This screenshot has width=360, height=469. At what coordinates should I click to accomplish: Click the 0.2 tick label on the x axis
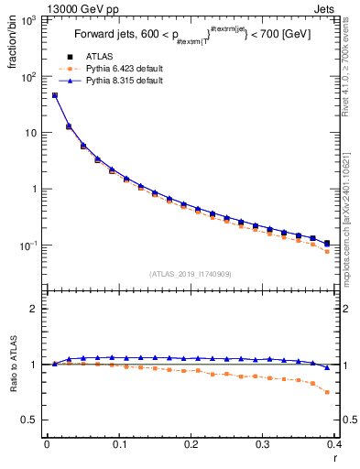click(x=191, y=444)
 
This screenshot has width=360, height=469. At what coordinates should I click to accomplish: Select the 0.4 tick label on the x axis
click(x=335, y=444)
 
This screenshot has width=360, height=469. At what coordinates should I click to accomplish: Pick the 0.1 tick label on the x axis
click(x=118, y=444)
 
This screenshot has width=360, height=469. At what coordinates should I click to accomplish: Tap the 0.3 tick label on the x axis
click(x=263, y=444)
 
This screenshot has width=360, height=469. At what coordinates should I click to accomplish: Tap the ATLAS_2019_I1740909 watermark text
click(x=190, y=274)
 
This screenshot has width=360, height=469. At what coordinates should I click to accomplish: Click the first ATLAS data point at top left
click(x=54, y=94)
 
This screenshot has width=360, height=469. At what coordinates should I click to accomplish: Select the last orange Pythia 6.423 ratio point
click(x=327, y=392)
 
